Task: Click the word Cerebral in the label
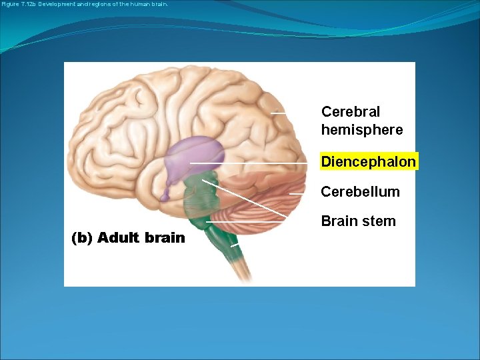pyautogui.click(x=351, y=111)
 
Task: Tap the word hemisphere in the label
pyautogui.click(x=362, y=130)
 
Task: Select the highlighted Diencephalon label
pyautogui.click(x=369, y=162)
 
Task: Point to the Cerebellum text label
pyautogui.click(x=360, y=192)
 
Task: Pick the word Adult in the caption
pyautogui.click(x=119, y=238)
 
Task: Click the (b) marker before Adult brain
pyautogui.click(x=82, y=238)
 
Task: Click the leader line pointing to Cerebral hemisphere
pyautogui.click(x=279, y=114)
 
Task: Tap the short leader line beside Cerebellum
pyautogui.click(x=297, y=194)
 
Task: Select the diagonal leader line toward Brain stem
pyautogui.click(x=247, y=200)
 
